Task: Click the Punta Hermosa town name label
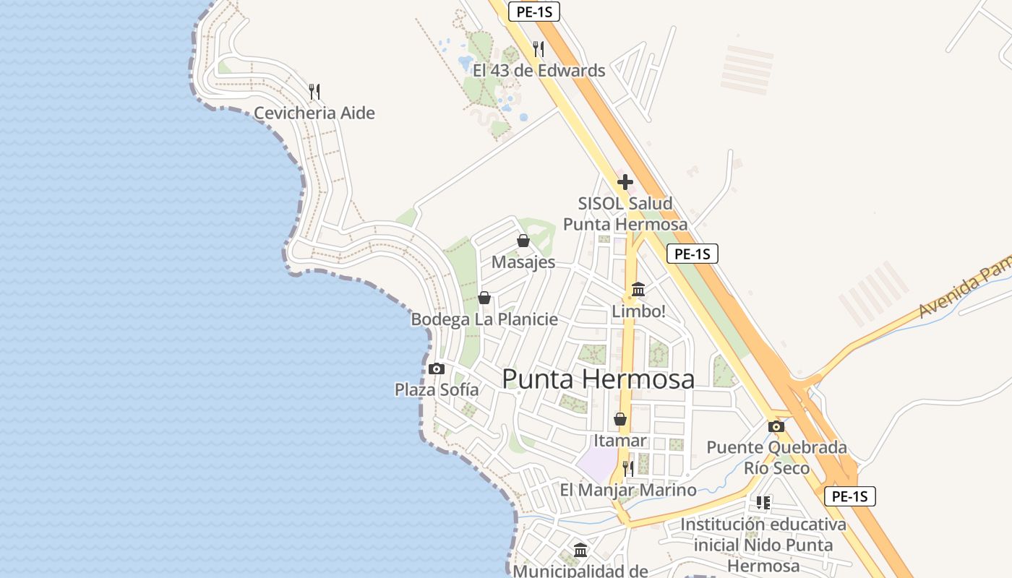598,379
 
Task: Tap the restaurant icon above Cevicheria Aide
314,92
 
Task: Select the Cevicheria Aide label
314,113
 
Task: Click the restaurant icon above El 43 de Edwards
538,49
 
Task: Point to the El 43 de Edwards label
539,71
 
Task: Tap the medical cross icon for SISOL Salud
625,182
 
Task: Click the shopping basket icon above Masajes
523,241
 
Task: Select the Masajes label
523,262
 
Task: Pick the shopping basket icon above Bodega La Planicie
484,298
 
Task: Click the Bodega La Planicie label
484,319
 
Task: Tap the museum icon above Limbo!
638,290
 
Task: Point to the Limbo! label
638,311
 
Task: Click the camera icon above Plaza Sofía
436,368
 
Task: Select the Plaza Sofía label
437,390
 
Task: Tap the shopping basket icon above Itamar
619,419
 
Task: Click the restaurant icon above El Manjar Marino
627,468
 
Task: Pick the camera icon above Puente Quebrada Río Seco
776,426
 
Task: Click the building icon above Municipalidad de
580,551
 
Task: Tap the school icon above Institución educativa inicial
763,502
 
